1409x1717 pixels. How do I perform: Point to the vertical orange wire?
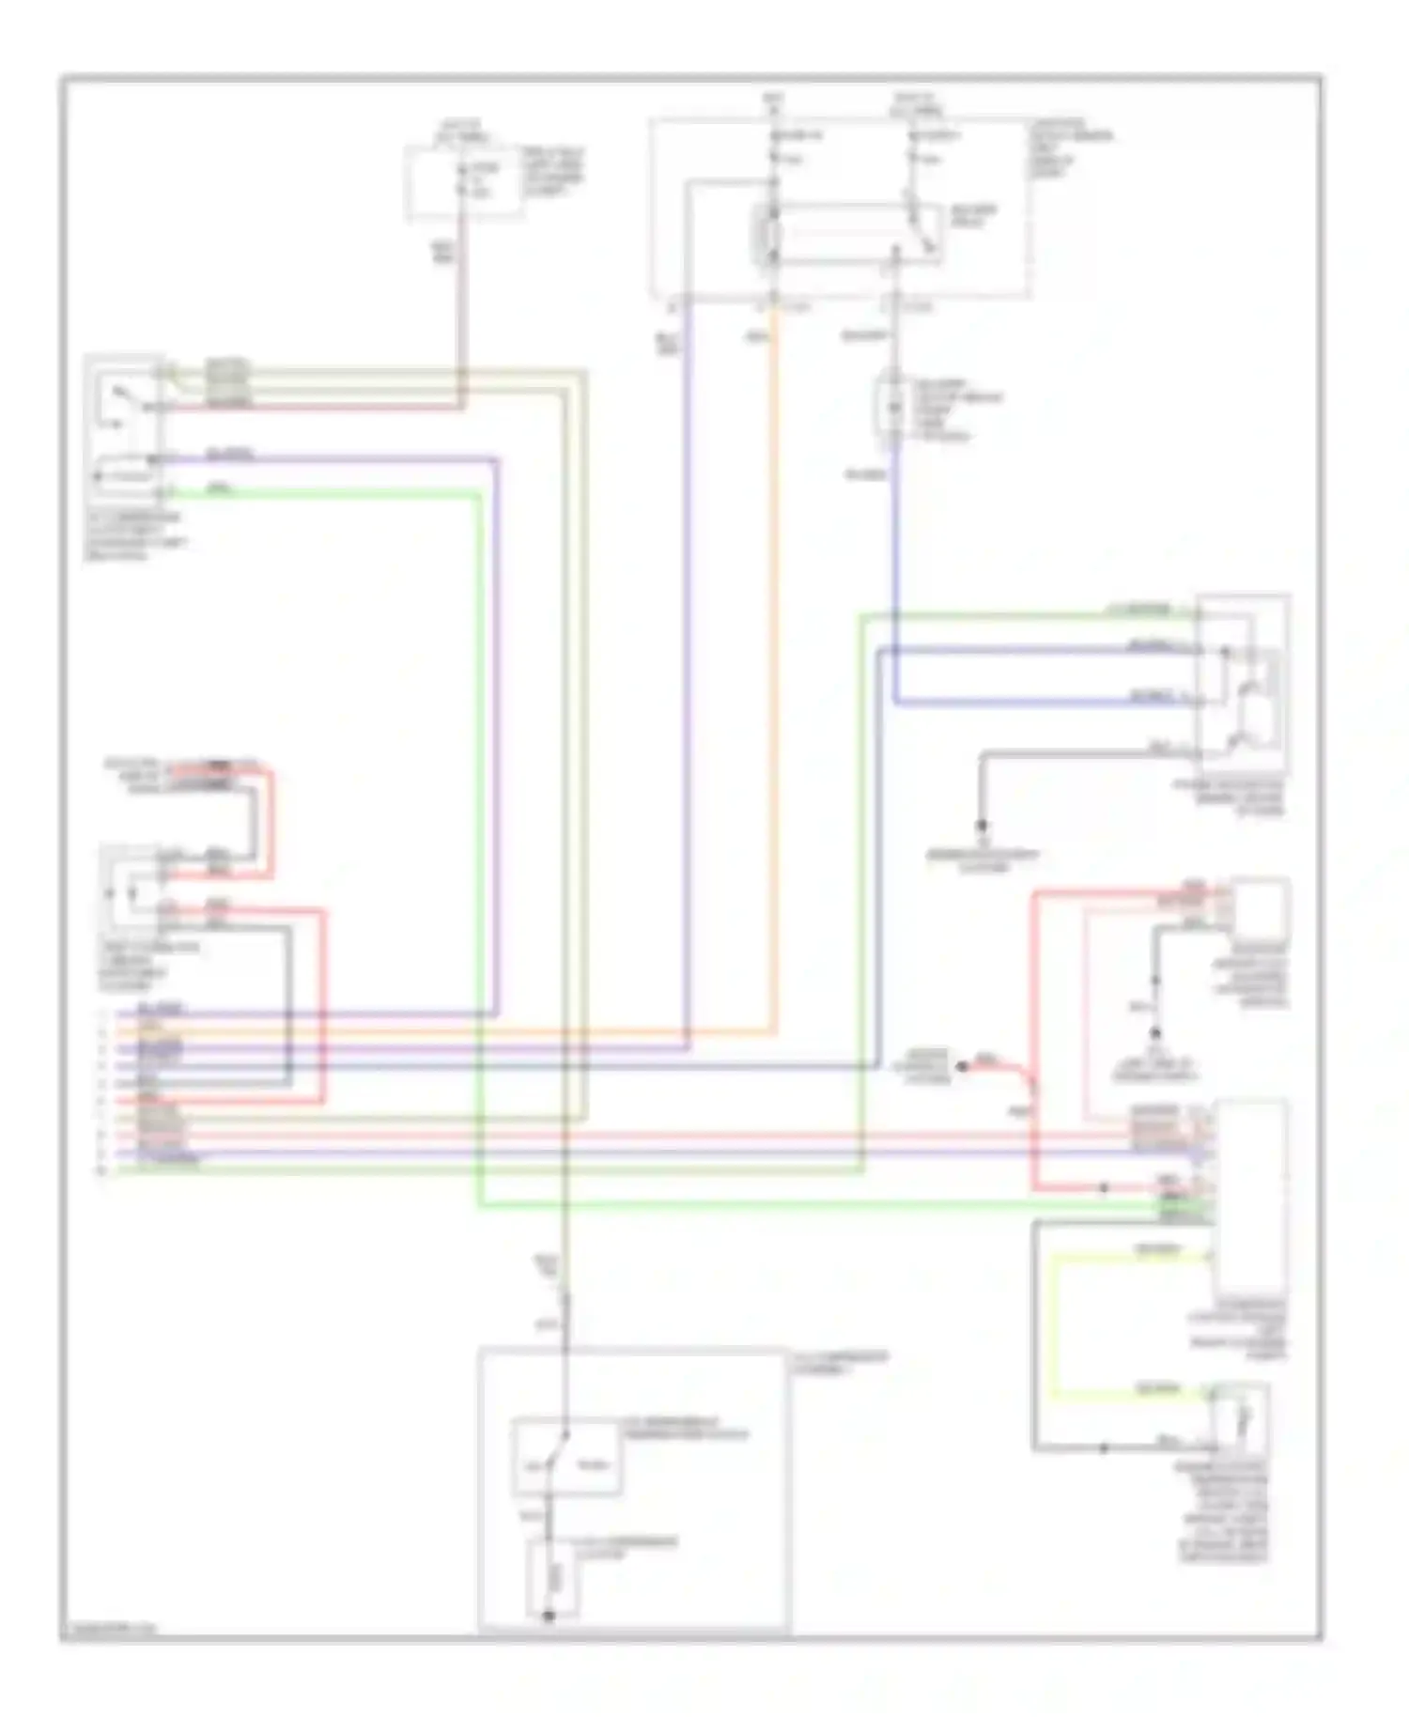pos(776,657)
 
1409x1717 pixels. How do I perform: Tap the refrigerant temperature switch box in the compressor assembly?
pos(566,1459)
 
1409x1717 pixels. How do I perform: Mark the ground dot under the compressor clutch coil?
pos(549,1616)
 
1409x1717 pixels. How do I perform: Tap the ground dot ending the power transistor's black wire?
pos(982,827)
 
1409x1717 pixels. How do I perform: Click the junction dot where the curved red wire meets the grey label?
pos(961,1066)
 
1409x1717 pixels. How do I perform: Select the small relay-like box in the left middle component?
pos(130,888)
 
